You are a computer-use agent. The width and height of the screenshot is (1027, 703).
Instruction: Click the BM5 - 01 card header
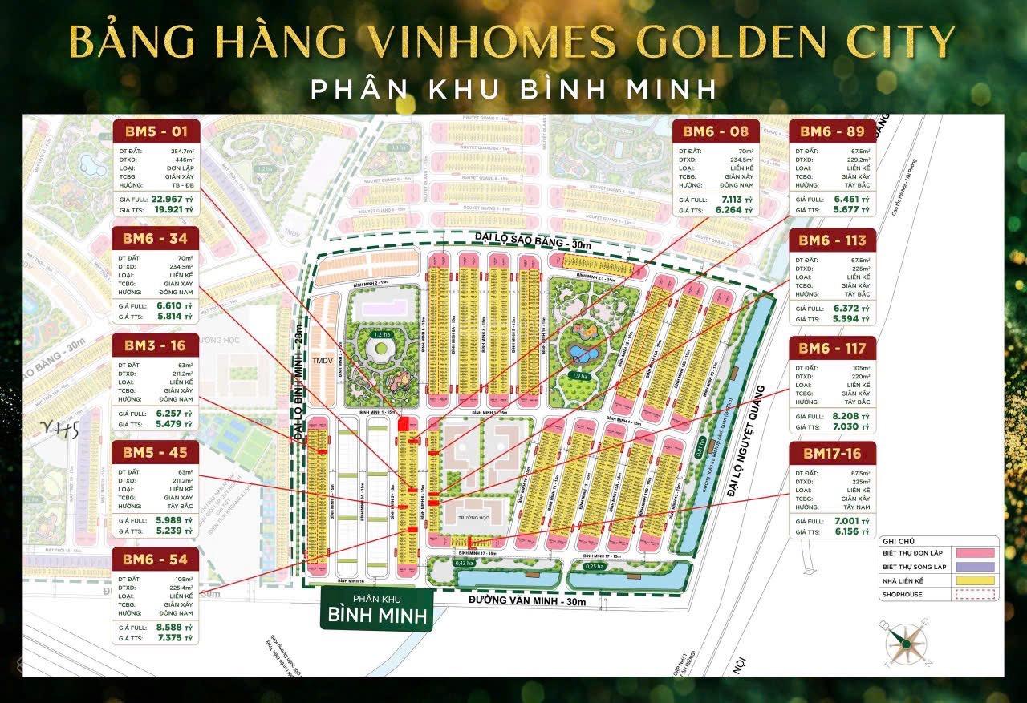click(156, 131)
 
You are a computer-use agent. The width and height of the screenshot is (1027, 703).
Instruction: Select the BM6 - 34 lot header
click(156, 238)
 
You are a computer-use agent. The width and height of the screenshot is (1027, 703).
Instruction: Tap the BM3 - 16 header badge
click(156, 345)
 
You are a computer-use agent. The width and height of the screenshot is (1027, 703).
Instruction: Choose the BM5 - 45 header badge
click(156, 452)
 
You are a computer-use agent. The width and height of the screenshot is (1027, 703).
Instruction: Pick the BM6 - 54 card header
click(156, 558)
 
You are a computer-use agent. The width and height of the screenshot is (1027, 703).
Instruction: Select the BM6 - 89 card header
click(833, 131)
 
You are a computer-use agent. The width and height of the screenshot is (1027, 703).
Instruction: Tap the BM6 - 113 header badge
click(833, 239)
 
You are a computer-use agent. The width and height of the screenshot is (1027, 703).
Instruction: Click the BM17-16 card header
click(833, 455)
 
